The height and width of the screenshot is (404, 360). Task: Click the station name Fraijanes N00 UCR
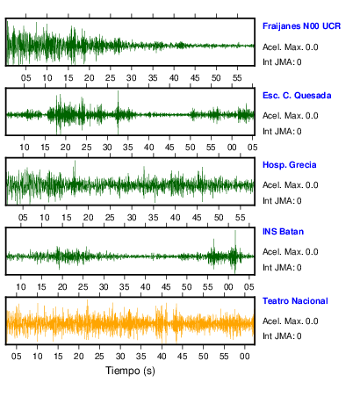[x=301, y=26]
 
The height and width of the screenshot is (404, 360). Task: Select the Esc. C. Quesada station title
[x=297, y=96]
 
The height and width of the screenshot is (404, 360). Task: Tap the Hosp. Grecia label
[x=290, y=165]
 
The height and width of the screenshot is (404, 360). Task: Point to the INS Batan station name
[x=283, y=232]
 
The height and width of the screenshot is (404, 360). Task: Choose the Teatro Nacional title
[x=295, y=301]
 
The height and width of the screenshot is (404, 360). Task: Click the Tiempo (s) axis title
[x=130, y=371]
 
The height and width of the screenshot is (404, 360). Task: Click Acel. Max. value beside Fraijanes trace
[x=290, y=47]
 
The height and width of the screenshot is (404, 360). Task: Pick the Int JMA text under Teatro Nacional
[x=282, y=335]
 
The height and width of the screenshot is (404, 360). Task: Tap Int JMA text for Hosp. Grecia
[x=282, y=201]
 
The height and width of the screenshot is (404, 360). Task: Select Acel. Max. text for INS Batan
[x=290, y=252]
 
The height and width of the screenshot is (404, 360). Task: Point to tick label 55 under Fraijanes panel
[x=237, y=78]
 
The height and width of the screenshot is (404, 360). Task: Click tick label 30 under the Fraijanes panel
[x=132, y=78]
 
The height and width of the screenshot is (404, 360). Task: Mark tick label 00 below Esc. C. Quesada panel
[x=232, y=147]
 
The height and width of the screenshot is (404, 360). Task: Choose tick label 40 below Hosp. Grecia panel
[x=175, y=218]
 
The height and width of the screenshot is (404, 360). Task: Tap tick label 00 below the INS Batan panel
[x=228, y=287]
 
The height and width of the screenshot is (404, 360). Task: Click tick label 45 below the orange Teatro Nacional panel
[x=182, y=357]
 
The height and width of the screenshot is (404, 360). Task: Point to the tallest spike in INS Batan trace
[x=235, y=231]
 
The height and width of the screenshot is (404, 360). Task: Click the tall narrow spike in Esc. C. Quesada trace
[x=118, y=91]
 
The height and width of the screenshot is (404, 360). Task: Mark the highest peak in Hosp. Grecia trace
[x=75, y=162]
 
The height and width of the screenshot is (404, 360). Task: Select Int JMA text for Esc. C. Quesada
[x=282, y=132]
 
